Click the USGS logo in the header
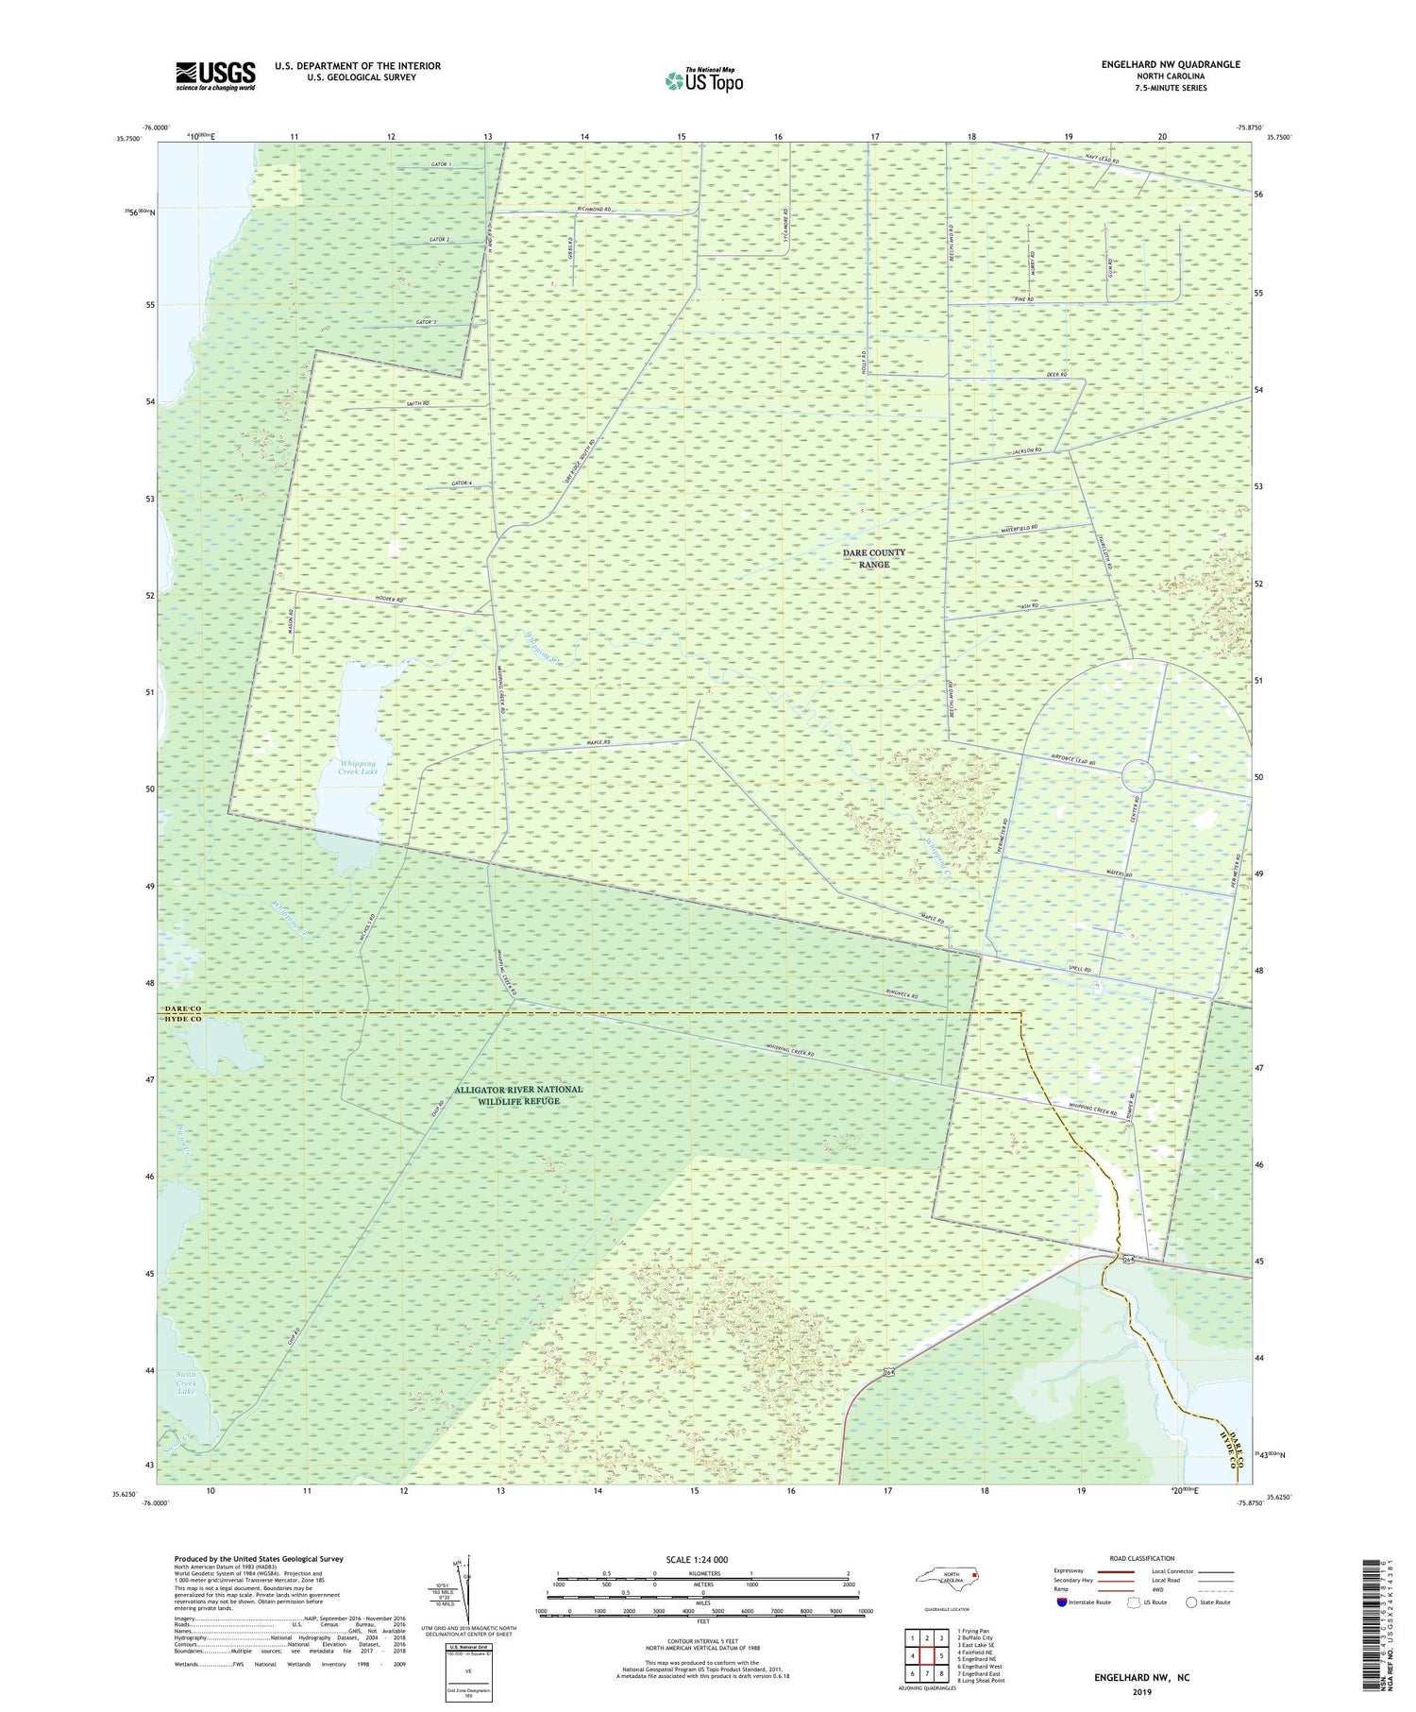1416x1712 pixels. [x=215, y=76]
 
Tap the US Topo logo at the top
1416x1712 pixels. [x=703, y=81]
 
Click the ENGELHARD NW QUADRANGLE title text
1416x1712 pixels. [x=1170, y=64]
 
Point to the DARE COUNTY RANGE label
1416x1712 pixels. [x=874, y=558]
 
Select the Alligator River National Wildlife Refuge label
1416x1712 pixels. [x=518, y=1094]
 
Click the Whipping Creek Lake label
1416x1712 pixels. [x=357, y=767]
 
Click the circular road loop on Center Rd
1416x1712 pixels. [x=1138, y=775]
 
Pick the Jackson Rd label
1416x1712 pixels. [x=1026, y=452]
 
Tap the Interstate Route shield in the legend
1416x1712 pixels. [x=1063, y=1602]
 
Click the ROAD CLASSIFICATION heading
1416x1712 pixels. [x=1142, y=1558]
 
